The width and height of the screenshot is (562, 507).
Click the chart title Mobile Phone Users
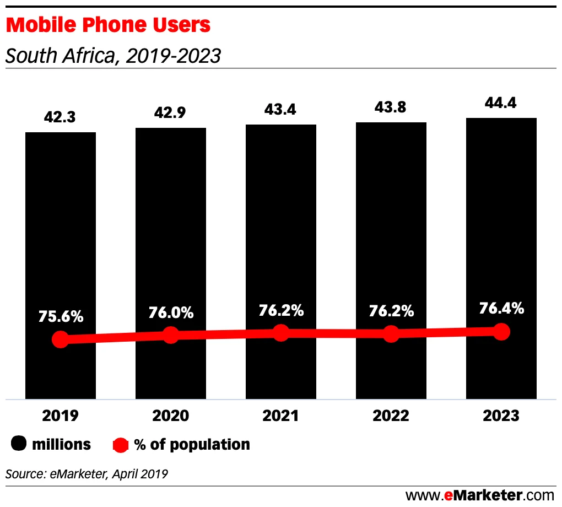click(x=108, y=25)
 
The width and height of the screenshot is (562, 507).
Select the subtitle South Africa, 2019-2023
click(x=113, y=55)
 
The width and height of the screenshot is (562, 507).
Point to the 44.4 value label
click(x=501, y=104)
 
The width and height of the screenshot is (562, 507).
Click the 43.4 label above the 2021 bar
click(x=280, y=110)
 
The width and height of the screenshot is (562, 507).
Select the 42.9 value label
click(x=170, y=113)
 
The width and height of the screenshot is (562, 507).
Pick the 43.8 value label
click(x=391, y=107)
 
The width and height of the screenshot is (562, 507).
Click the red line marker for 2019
click(x=61, y=339)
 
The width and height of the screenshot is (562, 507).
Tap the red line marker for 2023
click(x=501, y=331)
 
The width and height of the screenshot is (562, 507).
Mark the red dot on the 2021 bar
click(x=281, y=332)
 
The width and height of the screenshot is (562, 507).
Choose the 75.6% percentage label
click(x=61, y=317)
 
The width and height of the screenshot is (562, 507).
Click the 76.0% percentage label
click(x=171, y=312)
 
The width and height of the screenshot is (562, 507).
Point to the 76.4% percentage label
click(x=501, y=309)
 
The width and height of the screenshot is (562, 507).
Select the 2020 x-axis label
click(x=170, y=416)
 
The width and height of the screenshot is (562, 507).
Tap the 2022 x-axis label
click(x=391, y=416)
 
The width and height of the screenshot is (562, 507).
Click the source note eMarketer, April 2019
click(x=87, y=473)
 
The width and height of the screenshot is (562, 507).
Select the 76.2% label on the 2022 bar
click(x=391, y=311)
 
